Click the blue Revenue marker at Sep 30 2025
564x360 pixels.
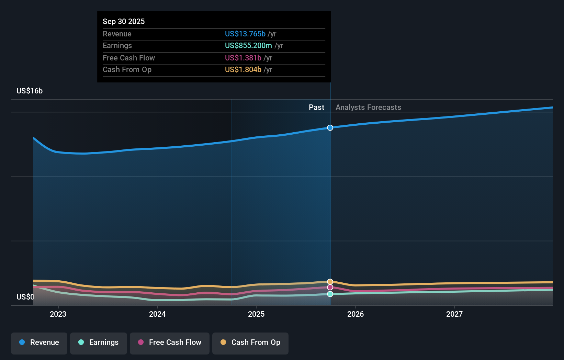[x=330, y=128]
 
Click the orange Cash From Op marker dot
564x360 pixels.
[x=330, y=282]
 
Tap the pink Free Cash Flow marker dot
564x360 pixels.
[x=330, y=287]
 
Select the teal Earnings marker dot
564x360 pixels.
[x=330, y=294]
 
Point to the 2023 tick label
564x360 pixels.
[x=58, y=314]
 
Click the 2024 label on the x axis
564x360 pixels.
[x=157, y=314]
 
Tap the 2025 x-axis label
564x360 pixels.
[x=256, y=314]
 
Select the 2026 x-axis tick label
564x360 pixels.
[x=356, y=314]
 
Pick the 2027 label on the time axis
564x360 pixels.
[x=454, y=314]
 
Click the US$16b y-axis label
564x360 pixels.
[x=30, y=91]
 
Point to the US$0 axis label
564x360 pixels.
[x=25, y=297]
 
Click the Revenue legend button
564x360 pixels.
[x=39, y=342]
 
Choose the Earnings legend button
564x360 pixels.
[x=99, y=342]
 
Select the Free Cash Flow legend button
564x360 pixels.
[x=170, y=342]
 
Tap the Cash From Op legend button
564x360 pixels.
[x=250, y=342]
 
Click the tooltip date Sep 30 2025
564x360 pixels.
[x=124, y=21]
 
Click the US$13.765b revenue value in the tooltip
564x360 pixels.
[x=245, y=34]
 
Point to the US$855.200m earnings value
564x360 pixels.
[x=248, y=45]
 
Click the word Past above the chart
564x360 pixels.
[x=316, y=107]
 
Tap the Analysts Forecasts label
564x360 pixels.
[x=368, y=107]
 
